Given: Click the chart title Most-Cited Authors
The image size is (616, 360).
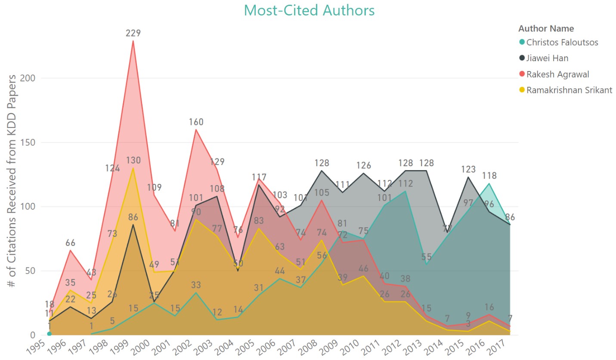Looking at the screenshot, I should click(309, 10).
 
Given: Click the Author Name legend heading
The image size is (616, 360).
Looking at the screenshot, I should click(546, 29).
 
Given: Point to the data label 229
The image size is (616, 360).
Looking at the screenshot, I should click(133, 33).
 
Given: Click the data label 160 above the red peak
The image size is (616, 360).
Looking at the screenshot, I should click(196, 122).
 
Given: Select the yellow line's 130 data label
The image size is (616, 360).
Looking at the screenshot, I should click(133, 160).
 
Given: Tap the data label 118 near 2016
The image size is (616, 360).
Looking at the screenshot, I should click(489, 176).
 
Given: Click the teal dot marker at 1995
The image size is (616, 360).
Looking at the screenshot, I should click(49, 334).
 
